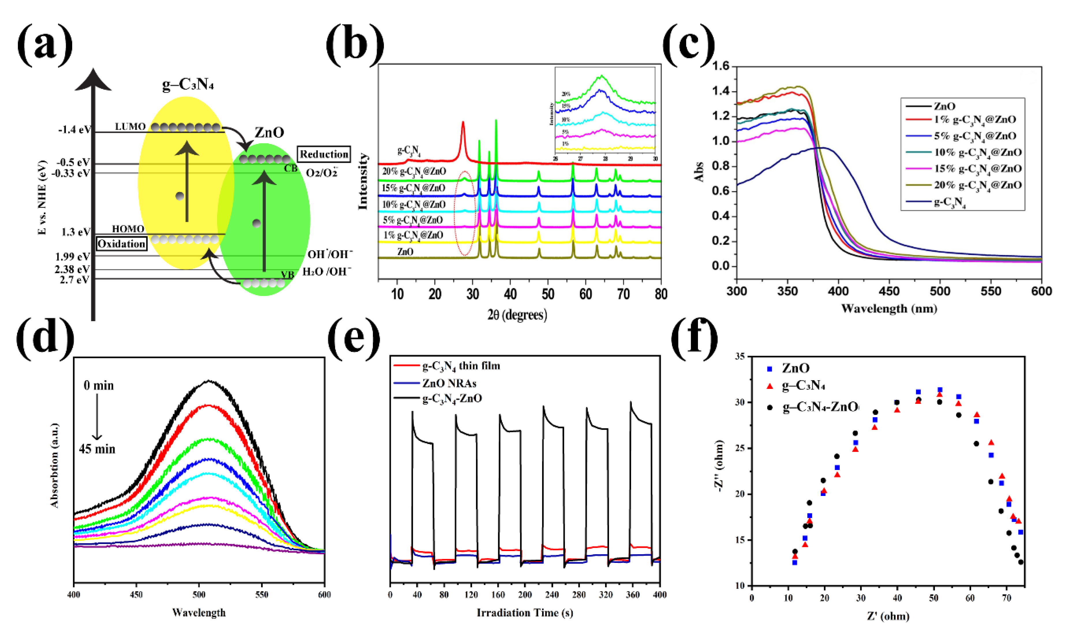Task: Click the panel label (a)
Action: click(45, 43)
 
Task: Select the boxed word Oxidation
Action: click(122, 244)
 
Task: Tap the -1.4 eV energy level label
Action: click(74, 130)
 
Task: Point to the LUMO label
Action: click(130, 127)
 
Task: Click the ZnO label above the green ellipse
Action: click(269, 133)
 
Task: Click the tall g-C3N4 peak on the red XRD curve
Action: click(463, 124)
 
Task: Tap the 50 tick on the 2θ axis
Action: click(548, 294)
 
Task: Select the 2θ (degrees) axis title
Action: click(517, 315)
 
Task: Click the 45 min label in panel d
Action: click(97, 449)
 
